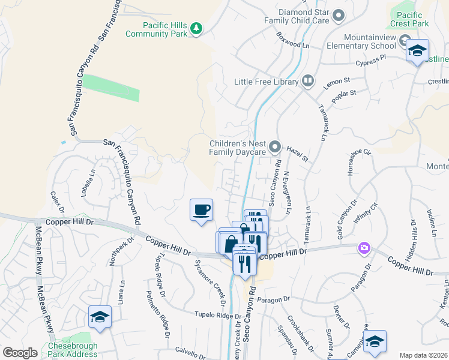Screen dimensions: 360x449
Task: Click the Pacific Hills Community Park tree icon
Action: click(x=196, y=28)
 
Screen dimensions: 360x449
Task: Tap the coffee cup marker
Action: click(x=202, y=210)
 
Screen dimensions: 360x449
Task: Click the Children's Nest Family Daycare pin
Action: click(x=275, y=146)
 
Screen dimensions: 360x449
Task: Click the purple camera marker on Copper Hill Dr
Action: click(x=363, y=248)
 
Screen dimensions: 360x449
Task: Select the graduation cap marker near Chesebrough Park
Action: click(x=100, y=317)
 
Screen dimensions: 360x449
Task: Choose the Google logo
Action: click(x=20, y=353)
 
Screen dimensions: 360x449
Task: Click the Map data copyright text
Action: click(x=423, y=355)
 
